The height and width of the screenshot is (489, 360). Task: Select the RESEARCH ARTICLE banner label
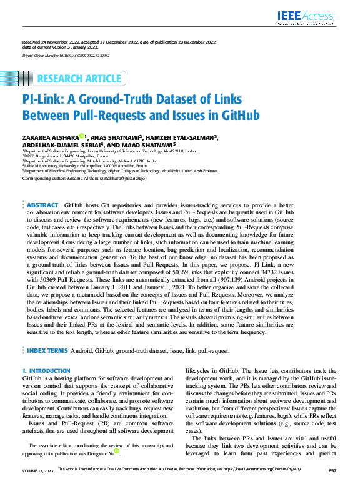[x=79, y=78]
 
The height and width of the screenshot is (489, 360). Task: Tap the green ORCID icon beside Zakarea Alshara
[x=82, y=136]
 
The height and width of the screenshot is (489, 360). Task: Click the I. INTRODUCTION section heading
[x=46, y=370]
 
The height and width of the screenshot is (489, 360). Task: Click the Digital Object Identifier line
[x=66, y=55]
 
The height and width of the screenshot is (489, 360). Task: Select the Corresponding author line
[x=84, y=178]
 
